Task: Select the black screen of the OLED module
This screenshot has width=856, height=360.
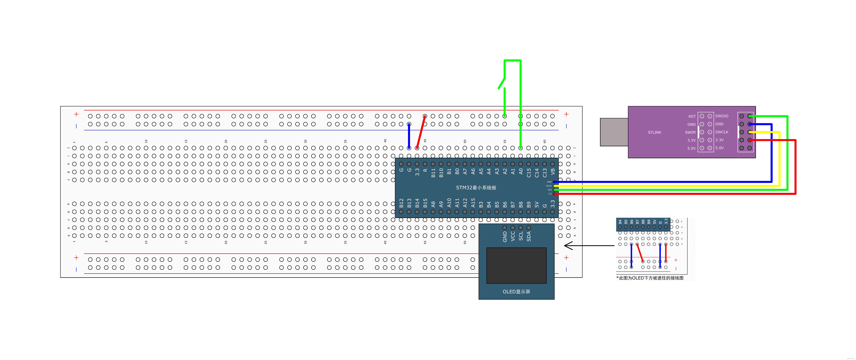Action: point(516,265)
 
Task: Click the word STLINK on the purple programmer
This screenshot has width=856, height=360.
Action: point(654,132)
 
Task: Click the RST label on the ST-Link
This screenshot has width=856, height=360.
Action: point(692,116)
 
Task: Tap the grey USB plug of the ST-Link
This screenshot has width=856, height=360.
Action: point(614,132)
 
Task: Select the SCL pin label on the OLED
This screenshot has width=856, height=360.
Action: point(521,236)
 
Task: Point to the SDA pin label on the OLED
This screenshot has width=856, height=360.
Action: point(529,236)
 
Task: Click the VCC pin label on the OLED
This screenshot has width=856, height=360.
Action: point(513,236)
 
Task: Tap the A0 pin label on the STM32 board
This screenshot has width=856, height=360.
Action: point(521,172)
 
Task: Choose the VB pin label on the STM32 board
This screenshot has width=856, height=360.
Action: point(553,172)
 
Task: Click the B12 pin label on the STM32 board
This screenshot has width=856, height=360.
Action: point(401,203)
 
